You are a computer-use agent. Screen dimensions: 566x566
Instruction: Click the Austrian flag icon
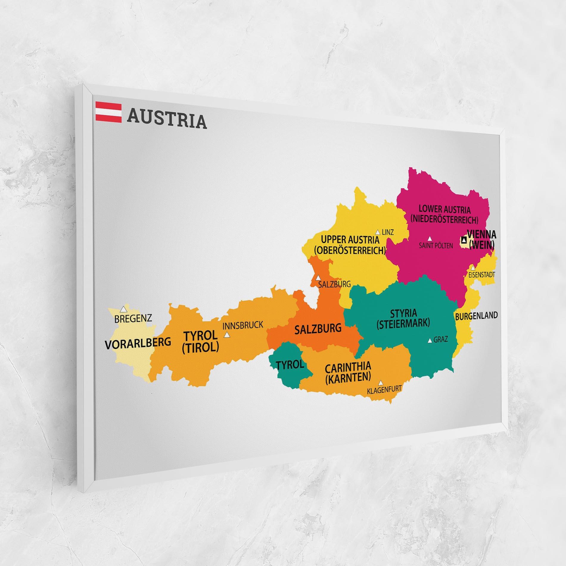tap(108, 113)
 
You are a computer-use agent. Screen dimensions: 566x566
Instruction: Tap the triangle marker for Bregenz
tap(123, 309)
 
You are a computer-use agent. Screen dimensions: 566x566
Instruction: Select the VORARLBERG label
tap(138, 343)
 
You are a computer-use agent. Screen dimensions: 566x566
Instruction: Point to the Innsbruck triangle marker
tap(227, 335)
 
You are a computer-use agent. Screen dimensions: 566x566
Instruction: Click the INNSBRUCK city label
tap(243, 325)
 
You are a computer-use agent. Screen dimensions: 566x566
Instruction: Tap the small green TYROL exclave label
tap(290, 364)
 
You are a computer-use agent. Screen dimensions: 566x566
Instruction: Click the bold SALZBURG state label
tap(318, 329)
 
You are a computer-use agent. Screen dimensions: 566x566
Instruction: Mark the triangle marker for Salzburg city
tap(318, 277)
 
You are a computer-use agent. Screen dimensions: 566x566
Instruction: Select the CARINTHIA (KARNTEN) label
tap(348, 372)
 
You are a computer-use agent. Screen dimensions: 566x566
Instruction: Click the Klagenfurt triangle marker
tap(380, 382)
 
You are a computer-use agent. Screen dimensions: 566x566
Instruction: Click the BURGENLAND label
tap(476, 316)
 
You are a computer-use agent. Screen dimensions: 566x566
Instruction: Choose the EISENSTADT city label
tap(481, 275)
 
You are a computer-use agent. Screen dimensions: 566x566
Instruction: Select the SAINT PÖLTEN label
tap(436, 246)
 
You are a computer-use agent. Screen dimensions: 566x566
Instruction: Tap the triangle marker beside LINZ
tap(378, 232)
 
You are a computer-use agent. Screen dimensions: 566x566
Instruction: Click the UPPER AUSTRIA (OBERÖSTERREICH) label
tap(350, 245)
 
